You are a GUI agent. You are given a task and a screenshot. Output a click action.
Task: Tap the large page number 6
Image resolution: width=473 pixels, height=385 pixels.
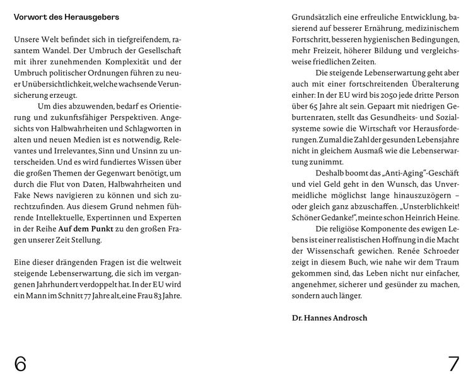21,364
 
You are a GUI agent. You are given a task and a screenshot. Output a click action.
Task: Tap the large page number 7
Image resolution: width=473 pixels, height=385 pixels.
453,364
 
